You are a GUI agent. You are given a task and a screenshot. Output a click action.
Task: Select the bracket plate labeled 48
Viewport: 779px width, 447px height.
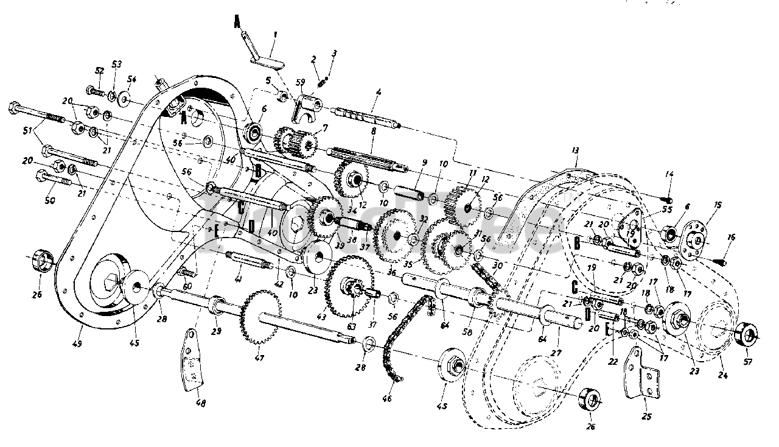194,359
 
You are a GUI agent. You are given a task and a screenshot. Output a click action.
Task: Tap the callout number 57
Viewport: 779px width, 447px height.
748,362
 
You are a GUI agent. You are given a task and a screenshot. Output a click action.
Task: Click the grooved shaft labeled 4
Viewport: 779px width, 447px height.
365,115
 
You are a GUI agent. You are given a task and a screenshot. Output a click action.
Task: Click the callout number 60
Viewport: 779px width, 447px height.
186,286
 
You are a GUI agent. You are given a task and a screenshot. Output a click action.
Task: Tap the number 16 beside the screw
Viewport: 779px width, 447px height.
731,238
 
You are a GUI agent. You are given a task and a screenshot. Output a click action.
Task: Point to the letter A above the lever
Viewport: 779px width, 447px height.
237,23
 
